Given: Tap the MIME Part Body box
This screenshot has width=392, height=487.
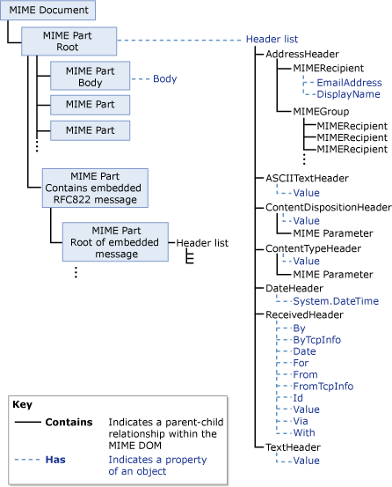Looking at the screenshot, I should [90, 75].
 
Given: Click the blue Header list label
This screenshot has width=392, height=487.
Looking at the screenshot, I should [272, 40].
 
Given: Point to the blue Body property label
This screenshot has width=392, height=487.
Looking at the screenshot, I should [165, 78].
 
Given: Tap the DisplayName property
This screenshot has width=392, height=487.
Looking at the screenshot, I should [348, 94].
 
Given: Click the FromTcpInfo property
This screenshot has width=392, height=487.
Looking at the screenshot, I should [323, 386].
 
